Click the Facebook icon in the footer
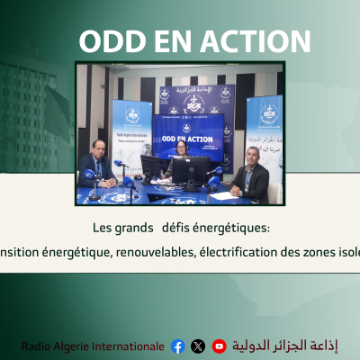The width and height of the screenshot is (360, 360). tap(177, 346)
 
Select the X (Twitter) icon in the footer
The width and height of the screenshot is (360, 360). tap(198, 346)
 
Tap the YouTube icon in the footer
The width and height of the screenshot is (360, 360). tap(219, 346)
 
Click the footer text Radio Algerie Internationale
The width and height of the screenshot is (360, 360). tap(93, 346)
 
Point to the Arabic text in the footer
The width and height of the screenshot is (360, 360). tap(285, 346)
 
